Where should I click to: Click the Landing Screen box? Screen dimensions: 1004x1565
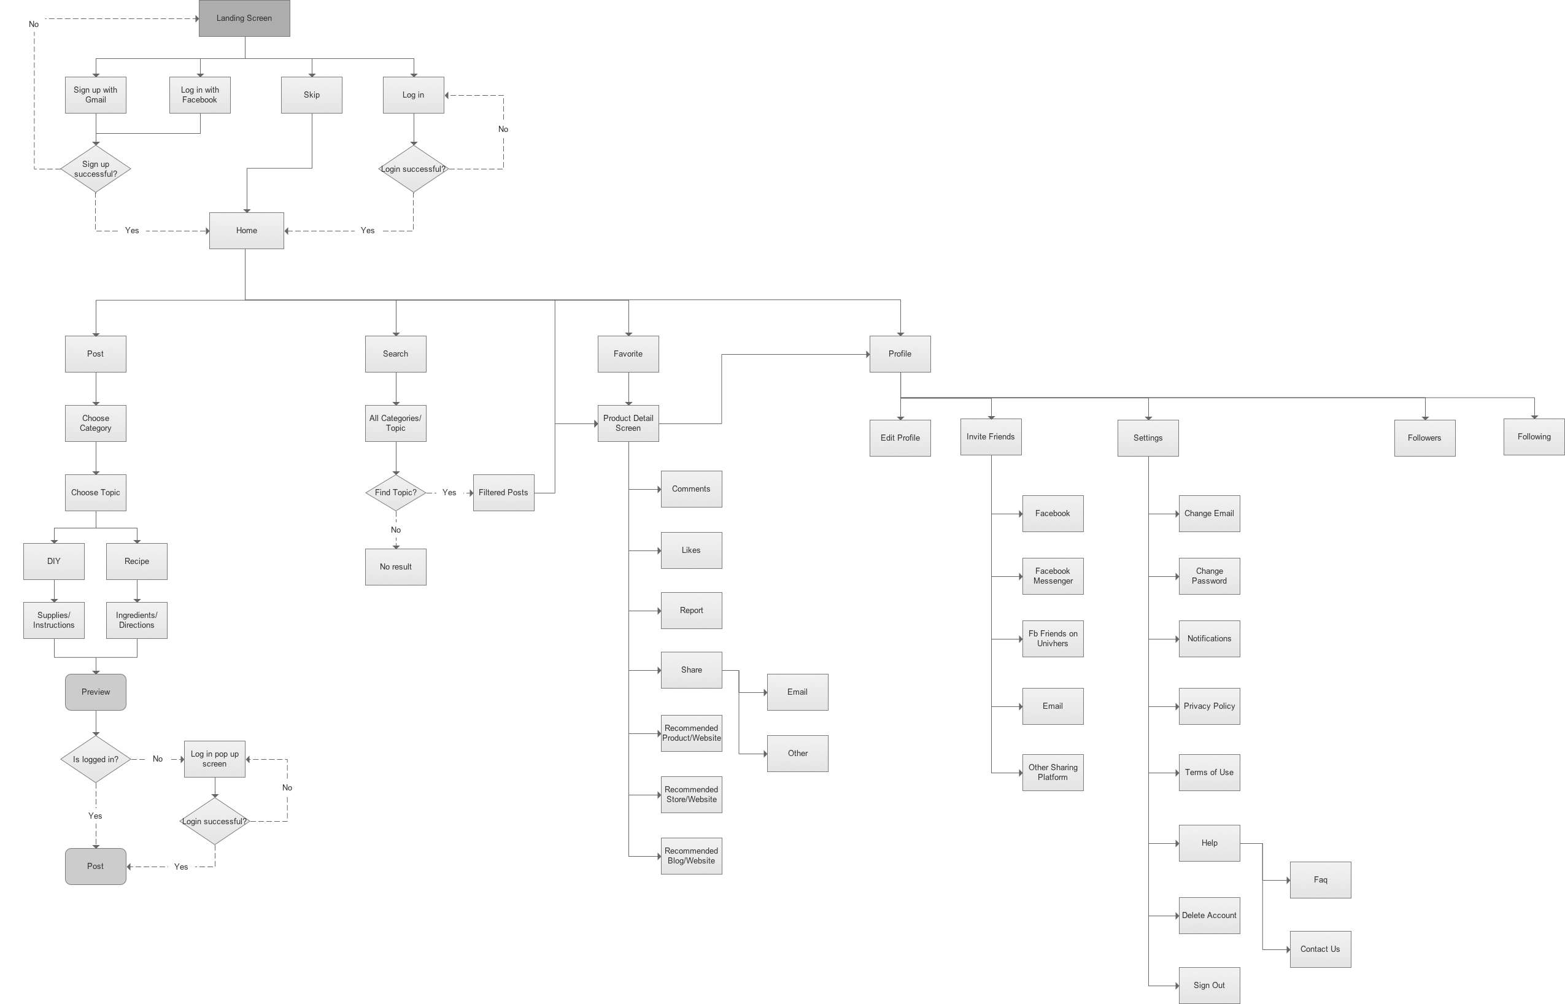(x=244, y=18)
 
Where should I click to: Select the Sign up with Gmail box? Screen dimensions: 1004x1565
(x=96, y=95)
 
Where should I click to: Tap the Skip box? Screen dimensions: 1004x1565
(x=312, y=95)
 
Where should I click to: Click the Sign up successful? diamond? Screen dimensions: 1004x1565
(x=96, y=169)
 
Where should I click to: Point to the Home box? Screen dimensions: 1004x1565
(x=246, y=231)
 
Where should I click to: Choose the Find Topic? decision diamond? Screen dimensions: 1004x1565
(x=396, y=493)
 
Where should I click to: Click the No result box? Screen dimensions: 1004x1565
(x=396, y=567)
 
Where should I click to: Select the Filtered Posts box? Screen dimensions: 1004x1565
(x=503, y=493)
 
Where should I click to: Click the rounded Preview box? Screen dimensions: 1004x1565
(x=96, y=692)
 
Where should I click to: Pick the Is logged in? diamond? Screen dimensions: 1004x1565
(x=96, y=760)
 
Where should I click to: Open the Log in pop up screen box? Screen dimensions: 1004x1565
(x=214, y=759)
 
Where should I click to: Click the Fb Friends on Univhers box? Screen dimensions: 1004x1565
(x=1053, y=639)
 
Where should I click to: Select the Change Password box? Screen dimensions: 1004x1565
(x=1209, y=576)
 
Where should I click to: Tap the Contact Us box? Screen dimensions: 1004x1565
(x=1320, y=949)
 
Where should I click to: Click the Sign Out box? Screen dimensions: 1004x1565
(x=1209, y=986)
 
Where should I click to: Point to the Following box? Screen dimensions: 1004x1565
(x=1534, y=437)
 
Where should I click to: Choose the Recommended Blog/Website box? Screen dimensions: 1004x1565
(x=692, y=856)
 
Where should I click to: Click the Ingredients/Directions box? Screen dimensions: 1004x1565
(x=137, y=620)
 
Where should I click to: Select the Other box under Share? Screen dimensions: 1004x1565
(x=798, y=754)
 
